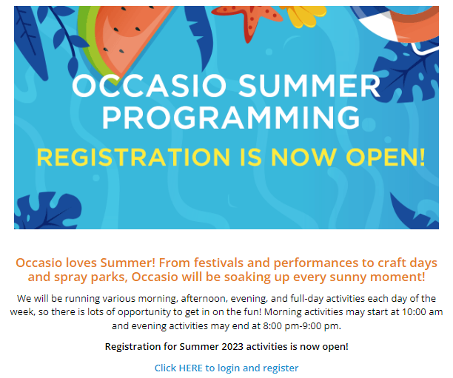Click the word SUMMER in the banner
click(309, 86)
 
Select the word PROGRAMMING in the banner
click(231, 117)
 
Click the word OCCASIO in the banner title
click(149, 86)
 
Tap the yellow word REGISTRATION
click(133, 158)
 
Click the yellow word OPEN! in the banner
click(386, 158)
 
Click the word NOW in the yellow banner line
click(303, 158)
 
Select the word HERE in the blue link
click(191, 368)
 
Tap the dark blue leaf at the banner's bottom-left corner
click(47, 211)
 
